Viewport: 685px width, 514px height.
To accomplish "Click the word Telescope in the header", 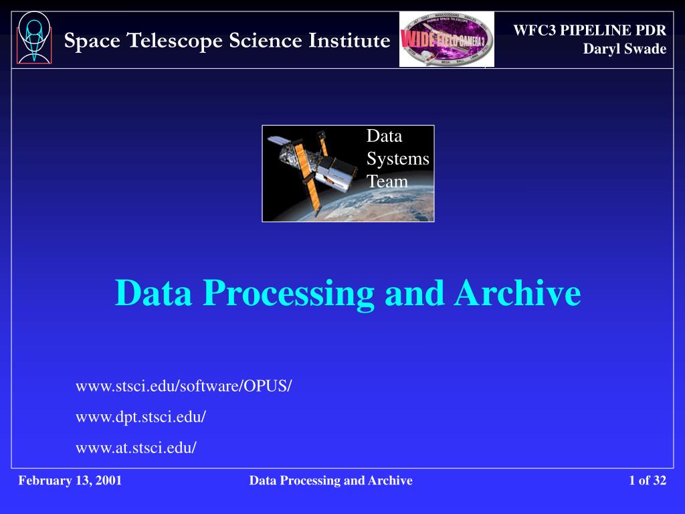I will click(x=175, y=41).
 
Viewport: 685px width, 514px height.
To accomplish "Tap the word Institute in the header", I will click(x=349, y=41).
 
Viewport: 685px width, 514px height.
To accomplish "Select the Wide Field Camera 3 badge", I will click(x=446, y=39).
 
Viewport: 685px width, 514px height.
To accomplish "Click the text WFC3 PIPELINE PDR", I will click(x=589, y=30).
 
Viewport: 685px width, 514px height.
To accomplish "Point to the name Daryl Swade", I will click(x=624, y=48).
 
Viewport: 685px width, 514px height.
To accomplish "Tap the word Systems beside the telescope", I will click(x=397, y=159).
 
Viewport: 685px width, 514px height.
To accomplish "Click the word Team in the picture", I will click(x=387, y=181).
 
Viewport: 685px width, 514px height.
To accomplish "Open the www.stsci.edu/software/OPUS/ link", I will click(x=184, y=386).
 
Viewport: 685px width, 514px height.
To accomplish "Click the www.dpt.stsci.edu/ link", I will click(x=140, y=417).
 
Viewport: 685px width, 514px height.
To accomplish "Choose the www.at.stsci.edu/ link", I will click(x=136, y=448).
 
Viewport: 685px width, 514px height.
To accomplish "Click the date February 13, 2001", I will click(x=70, y=481).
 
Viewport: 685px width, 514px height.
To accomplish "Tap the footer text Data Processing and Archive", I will click(x=330, y=481).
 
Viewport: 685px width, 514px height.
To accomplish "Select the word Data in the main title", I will click(x=153, y=293).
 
